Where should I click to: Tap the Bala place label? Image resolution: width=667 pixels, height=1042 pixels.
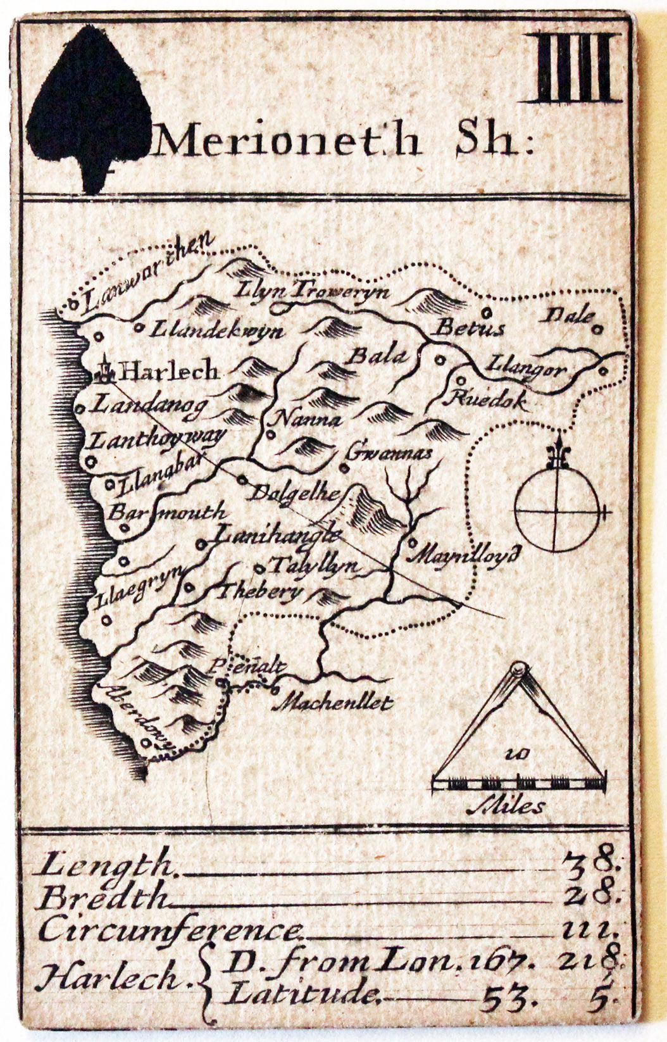pyautogui.click(x=377, y=356)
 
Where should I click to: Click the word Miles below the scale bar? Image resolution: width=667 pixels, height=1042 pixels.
pyautogui.click(x=506, y=807)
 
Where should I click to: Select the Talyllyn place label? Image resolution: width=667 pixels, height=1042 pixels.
pyautogui.click(x=314, y=565)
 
